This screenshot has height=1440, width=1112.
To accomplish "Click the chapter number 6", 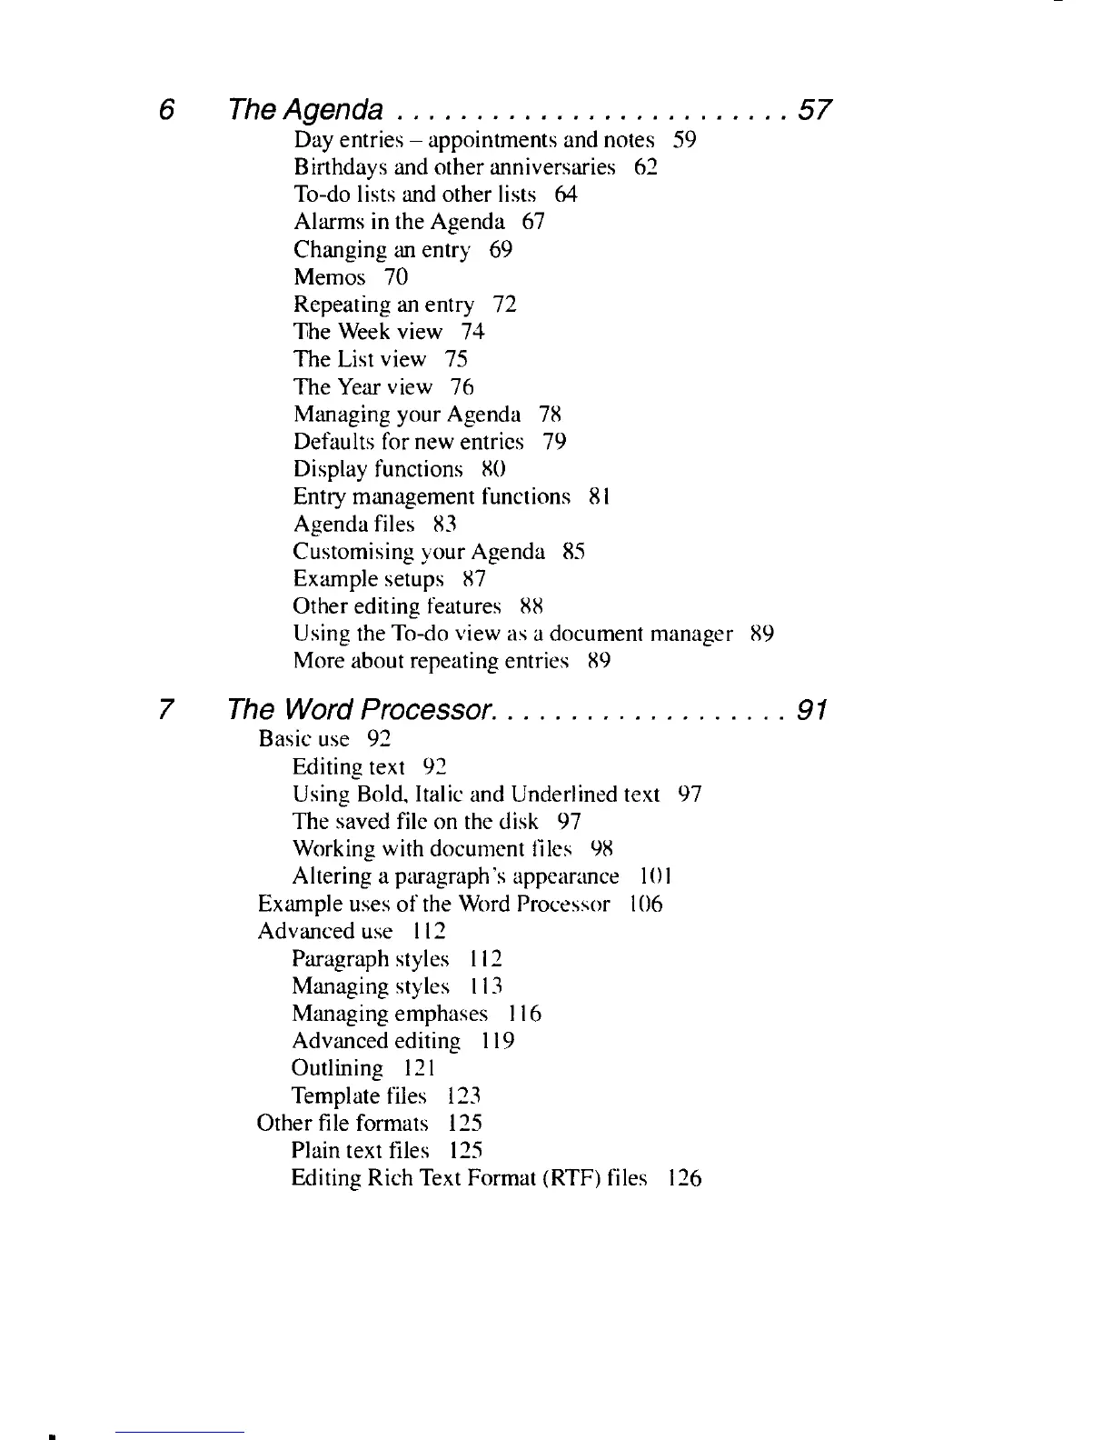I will [x=165, y=111].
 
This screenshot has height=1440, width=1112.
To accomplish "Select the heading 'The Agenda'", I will [x=305, y=111].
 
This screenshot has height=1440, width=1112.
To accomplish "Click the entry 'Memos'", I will [x=329, y=277].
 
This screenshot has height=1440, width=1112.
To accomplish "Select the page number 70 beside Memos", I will [x=396, y=277].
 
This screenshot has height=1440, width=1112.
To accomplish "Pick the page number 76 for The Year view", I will [x=462, y=387].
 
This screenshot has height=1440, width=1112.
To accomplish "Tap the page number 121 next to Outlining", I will [x=421, y=1068].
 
